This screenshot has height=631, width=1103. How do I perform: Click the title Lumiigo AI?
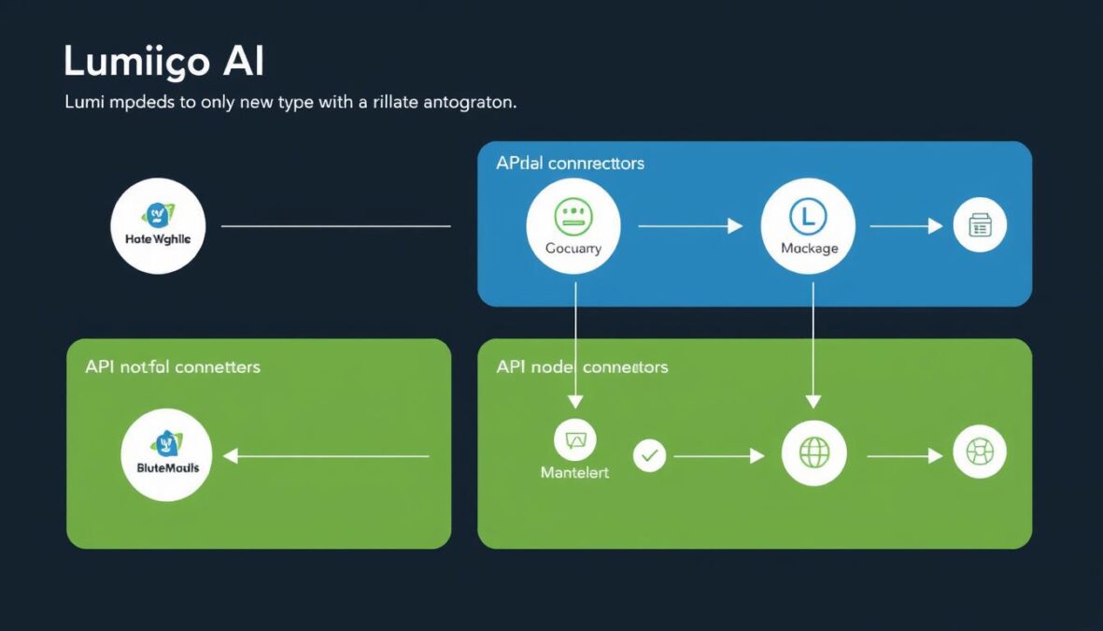tap(163, 62)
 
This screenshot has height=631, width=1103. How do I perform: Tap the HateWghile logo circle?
tap(157, 225)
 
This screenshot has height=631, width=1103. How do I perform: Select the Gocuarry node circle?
tap(573, 225)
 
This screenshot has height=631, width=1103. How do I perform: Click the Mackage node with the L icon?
tap(809, 225)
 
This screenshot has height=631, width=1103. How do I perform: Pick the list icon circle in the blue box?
tap(980, 225)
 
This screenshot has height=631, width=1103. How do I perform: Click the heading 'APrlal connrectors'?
tap(570, 164)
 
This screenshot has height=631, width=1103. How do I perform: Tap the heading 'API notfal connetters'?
tap(172, 366)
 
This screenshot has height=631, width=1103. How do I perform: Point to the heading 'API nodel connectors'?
tap(582, 366)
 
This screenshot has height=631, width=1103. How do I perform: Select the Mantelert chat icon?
tap(574, 439)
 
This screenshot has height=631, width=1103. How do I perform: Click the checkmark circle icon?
tap(649, 456)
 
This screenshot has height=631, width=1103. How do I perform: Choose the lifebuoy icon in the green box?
tap(980, 453)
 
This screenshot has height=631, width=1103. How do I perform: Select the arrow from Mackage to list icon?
tap(905, 225)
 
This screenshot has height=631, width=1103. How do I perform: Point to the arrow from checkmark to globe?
tap(717, 456)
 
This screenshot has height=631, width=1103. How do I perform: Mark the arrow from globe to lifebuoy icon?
tap(903, 456)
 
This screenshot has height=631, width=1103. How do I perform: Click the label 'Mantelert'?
tap(574, 473)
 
